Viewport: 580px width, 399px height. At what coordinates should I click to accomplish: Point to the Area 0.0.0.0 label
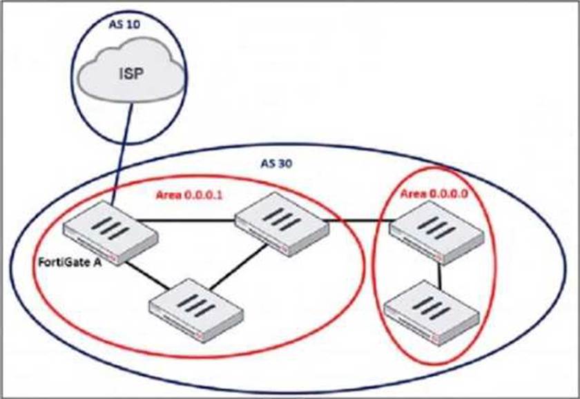[434, 195]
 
